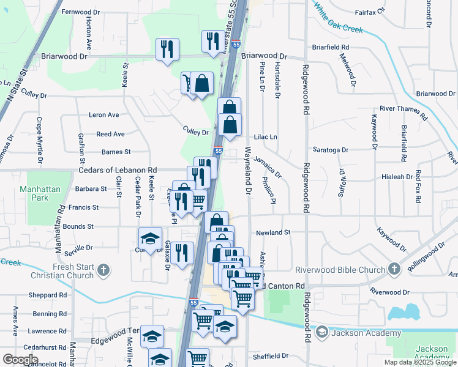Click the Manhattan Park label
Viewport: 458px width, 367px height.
[x=40, y=193]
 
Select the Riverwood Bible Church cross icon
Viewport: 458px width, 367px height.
[x=394, y=269]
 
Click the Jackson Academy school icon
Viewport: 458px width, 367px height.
[x=321, y=333]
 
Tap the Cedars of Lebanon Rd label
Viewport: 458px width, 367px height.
[x=117, y=170]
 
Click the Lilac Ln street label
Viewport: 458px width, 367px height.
[x=266, y=137]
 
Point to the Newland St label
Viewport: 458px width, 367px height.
[x=272, y=232]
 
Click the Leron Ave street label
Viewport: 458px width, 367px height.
[x=104, y=114]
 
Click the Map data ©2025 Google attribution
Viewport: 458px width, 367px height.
[x=419, y=362]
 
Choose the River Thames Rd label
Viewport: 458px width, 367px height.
[x=403, y=110]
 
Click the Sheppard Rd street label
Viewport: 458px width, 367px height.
[x=48, y=294]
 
